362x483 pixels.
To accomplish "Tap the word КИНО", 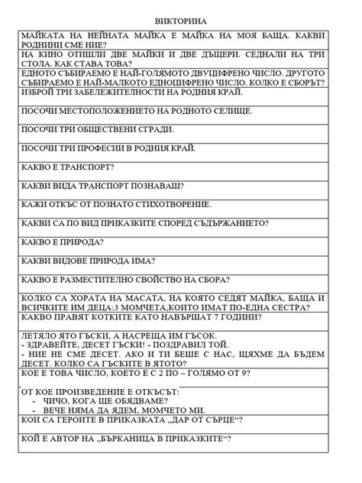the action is (47, 58).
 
